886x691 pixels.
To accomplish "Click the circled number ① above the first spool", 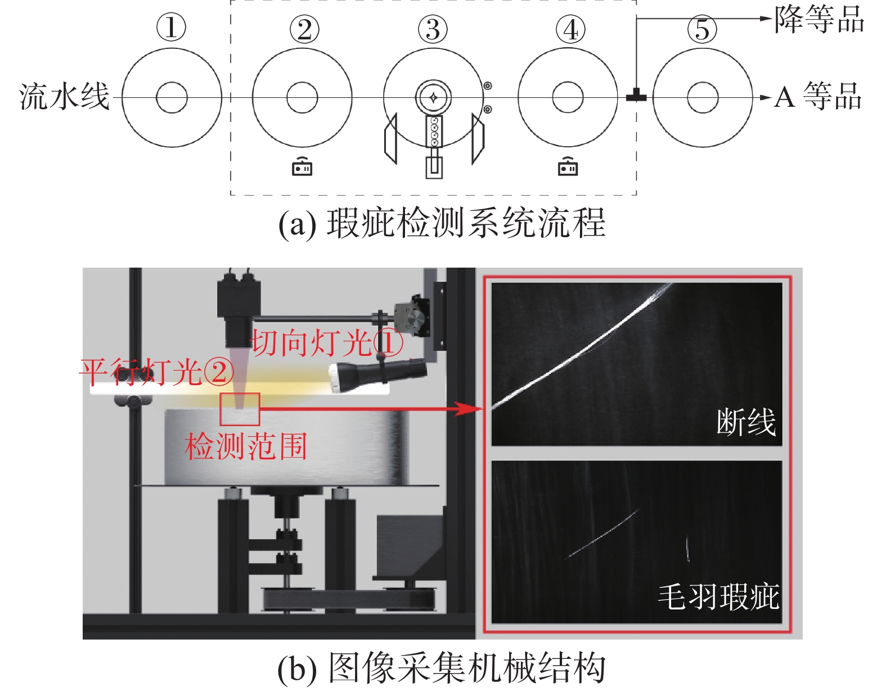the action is pos(171,28).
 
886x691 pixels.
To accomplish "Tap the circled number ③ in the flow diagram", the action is pos(433,29).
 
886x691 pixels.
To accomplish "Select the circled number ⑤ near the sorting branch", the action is pos(701,29).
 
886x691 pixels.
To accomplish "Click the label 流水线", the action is pos(65,97).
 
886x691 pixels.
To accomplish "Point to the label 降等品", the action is pos(819,19).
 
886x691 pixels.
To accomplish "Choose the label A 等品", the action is pos(817,96).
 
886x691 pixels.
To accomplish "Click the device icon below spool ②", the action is pos(302,166).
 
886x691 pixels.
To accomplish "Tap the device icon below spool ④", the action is pos(568,166).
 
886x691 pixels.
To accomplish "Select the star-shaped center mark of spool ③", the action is pos(433,97).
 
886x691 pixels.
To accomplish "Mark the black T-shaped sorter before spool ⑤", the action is pos(636,96).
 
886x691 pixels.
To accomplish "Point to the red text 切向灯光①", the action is pos(327,342).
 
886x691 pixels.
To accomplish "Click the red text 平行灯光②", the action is pos(157,372).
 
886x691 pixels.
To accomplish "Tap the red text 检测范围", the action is pos(246,446).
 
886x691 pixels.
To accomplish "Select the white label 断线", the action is pos(746,422).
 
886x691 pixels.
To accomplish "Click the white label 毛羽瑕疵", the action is pos(719,597).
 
